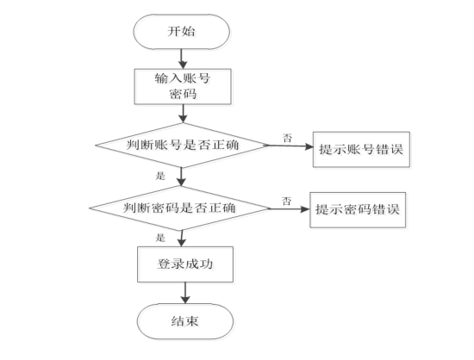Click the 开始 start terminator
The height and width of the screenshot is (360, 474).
182,31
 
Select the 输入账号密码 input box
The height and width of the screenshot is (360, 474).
182,87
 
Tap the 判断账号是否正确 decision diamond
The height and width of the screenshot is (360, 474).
182,146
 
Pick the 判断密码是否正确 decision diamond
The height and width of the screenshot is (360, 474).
182,208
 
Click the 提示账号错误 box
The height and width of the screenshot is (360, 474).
360,147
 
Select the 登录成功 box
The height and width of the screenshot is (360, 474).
182,264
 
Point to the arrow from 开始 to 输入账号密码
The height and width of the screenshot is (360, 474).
182,58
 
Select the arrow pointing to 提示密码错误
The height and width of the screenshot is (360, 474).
285,208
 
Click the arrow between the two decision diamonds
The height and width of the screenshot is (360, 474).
182,177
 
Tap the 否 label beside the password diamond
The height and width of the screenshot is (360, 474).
285,199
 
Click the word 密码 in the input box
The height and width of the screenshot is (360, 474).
182,96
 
